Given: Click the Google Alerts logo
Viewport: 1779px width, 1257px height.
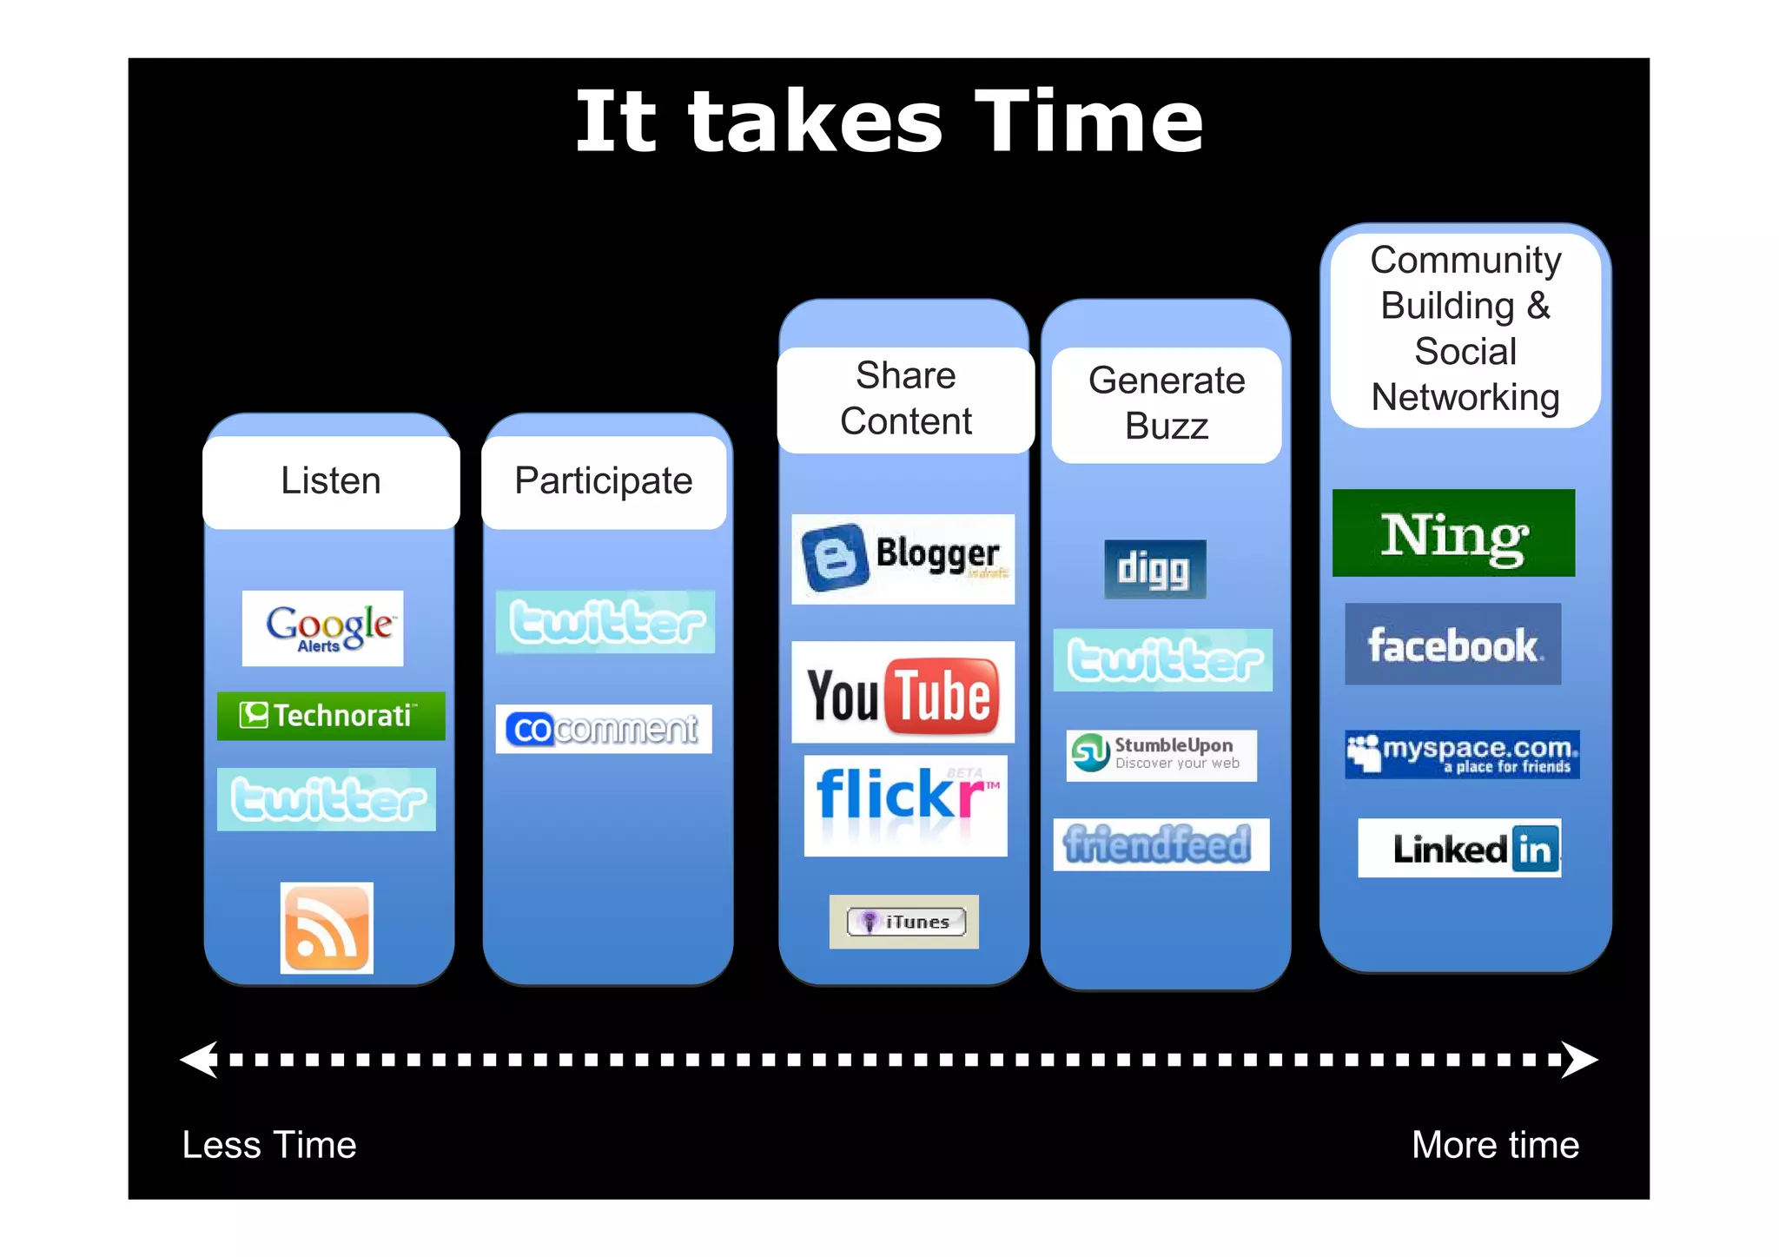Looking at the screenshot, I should [322, 628].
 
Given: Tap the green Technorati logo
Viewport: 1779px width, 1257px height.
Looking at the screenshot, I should [331, 716].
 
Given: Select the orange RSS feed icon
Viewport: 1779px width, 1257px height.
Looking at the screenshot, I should [327, 928].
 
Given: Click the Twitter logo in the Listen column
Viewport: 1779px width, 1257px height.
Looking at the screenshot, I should [327, 799].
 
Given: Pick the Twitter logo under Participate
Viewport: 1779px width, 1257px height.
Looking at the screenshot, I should [605, 622].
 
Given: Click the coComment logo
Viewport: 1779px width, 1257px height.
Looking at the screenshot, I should [604, 729].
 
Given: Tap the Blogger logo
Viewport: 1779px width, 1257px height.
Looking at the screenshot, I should [903, 559].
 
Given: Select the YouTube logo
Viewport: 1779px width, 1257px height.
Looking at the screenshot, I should [903, 692].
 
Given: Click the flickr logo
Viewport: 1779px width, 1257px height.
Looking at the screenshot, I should [905, 805].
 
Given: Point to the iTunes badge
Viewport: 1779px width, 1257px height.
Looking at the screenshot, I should [904, 922].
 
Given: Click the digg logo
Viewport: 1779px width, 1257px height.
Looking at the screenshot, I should [1154, 569].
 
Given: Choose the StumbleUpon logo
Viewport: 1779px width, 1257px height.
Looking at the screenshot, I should [1161, 755].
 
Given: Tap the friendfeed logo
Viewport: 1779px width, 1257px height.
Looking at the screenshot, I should [1161, 844].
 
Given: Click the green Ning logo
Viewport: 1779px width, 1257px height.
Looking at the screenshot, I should [1453, 533].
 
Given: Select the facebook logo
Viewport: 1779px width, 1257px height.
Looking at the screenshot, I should [1452, 645].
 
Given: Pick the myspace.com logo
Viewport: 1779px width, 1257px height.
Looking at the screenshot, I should [1462, 754].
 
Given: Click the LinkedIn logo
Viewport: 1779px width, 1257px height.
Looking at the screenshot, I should [1459, 848].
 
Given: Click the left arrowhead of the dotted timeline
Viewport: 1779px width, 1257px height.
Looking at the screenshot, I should [199, 1060].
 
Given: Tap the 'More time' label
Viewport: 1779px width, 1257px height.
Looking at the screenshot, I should [1495, 1145].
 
